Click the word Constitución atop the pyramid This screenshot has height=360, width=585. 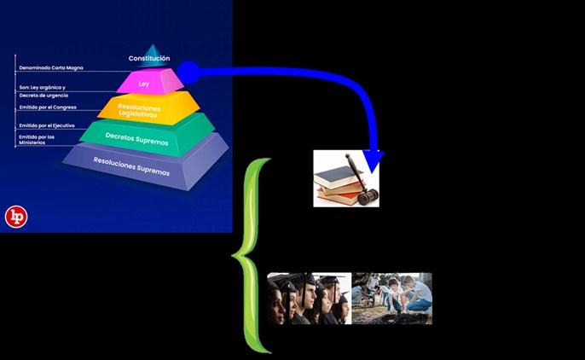[x=155, y=58]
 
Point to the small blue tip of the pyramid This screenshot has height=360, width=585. [x=153, y=49]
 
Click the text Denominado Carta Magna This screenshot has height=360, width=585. [x=49, y=67]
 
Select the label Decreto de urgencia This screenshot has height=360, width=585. [x=43, y=95]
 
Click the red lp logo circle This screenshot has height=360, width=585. [x=16, y=217]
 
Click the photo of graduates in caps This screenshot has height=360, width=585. [x=309, y=299]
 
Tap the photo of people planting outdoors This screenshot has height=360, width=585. [x=392, y=299]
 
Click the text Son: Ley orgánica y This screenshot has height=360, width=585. [x=43, y=88]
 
